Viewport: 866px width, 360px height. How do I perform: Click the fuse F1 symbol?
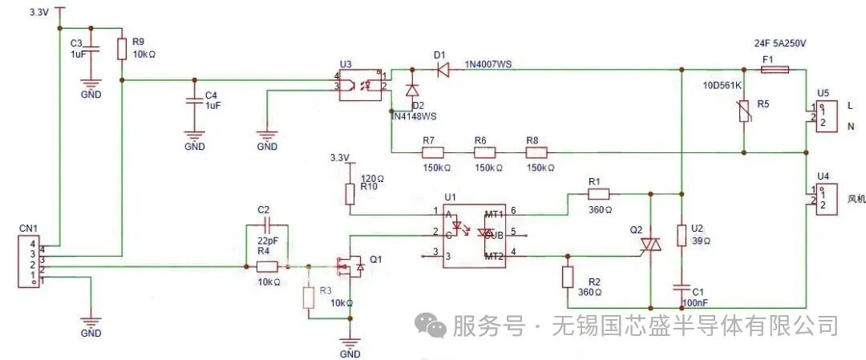[x=775, y=70]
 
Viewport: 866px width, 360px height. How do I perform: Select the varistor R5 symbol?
[x=744, y=111]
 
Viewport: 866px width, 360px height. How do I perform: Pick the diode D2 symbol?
[x=412, y=91]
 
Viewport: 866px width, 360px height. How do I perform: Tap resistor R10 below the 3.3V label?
[x=350, y=193]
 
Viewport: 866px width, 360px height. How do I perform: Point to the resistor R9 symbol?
[x=122, y=50]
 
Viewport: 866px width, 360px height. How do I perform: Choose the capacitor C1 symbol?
[x=681, y=286]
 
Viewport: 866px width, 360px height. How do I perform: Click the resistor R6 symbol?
[x=484, y=152]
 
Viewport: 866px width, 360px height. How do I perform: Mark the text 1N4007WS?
[x=488, y=65]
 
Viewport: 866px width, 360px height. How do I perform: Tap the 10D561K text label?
[x=722, y=86]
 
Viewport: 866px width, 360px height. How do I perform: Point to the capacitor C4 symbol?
[x=192, y=102]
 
